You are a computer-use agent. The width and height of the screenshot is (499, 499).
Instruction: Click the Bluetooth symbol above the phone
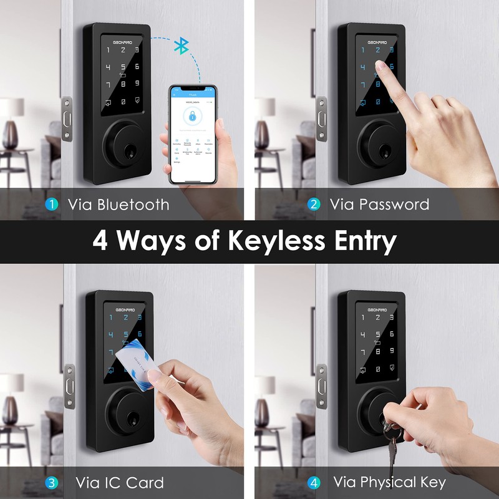click(182, 46)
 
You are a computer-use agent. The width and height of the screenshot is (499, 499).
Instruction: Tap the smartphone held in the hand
click(192, 133)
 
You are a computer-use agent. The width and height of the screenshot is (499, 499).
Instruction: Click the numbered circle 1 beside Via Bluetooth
click(52, 204)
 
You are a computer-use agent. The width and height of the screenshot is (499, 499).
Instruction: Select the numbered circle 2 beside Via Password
click(314, 204)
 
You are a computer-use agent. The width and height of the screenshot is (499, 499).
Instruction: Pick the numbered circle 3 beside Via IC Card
click(52, 482)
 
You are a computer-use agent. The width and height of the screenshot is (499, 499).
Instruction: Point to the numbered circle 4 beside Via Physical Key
click(314, 482)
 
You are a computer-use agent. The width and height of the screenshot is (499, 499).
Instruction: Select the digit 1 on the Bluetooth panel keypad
click(108, 51)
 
